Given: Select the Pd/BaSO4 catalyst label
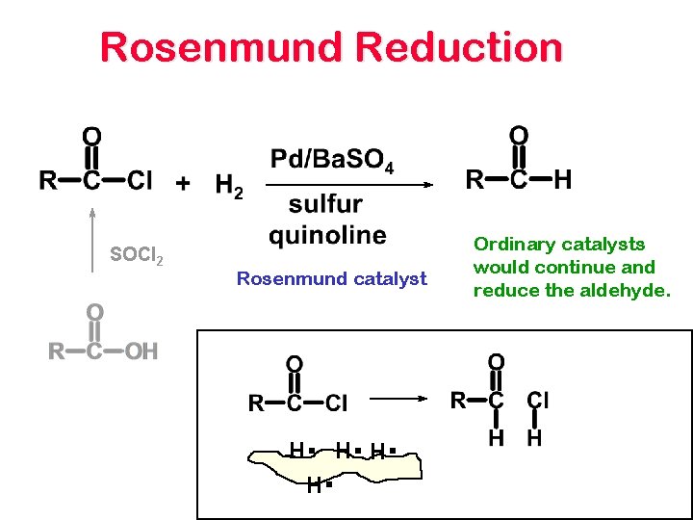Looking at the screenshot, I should [x=331, y=159].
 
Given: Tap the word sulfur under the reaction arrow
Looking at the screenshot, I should [x=325, y=204].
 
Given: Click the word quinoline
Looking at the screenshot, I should [x=327, y=235].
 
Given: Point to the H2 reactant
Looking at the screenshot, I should [x=229, y=185].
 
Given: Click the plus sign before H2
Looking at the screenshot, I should [x=183, y=182].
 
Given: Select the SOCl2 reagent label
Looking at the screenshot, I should [x=136, y=256].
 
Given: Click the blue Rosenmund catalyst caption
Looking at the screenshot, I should [x=331, y=279].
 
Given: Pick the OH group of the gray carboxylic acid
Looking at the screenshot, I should [x=141, y=351].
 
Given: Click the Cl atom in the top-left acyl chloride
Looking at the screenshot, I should [x=140, y=180].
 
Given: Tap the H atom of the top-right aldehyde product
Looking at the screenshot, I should [x=563, y=179].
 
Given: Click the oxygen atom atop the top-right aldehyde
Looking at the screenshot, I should [x=518, y=134].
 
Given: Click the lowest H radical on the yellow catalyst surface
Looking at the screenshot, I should [x=315, y=486].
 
